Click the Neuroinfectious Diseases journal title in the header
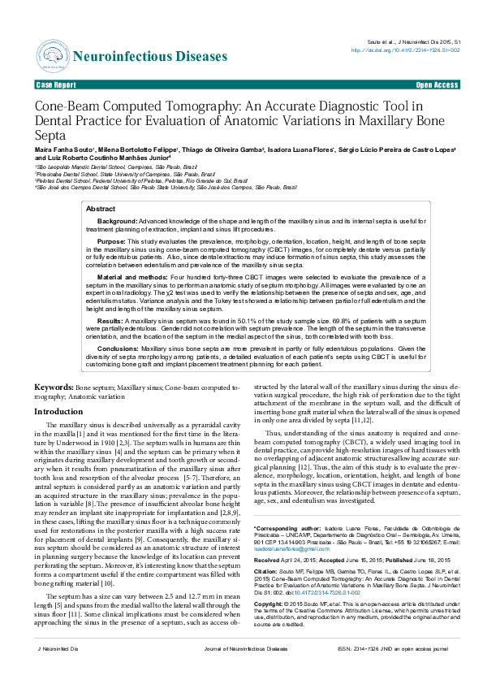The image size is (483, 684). click(x=151, y=56)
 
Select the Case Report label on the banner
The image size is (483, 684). click(x=57, y=84)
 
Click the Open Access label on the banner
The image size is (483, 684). click(x=436, y=84)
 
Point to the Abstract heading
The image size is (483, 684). click(x=101, y=210)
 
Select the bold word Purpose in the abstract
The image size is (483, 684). click(x=111, y=242)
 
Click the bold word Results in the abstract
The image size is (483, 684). click(x=110, y=321)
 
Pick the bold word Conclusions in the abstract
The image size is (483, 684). click(x=118, y=348)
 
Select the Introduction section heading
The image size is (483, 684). click(x=58, y=412)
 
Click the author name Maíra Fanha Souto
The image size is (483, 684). click(x=64, y=150)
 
